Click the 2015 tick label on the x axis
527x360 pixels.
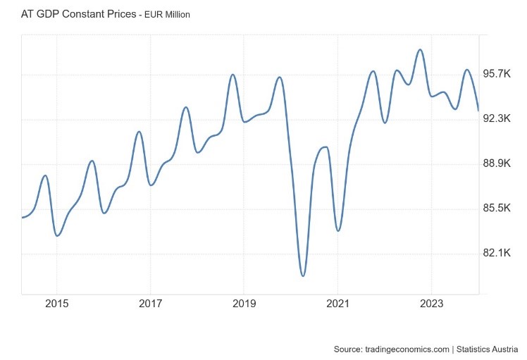click(56, 304)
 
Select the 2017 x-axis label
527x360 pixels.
click(150, 304)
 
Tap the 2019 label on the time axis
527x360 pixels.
click(244, 304)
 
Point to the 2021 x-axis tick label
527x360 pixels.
click(337, 304)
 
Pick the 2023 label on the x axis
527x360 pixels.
click(431, 304)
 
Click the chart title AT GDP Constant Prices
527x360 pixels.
click(78, 13)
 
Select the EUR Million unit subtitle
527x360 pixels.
click(167, 14)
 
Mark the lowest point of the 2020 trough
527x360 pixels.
click(303, 275)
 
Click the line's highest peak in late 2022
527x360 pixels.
click(420, 49)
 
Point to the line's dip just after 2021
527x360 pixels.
click(338, 230)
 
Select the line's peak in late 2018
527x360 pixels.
click(232, 74)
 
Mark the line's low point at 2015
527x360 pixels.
click(57, 235)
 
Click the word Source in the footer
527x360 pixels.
click(348, 349)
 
